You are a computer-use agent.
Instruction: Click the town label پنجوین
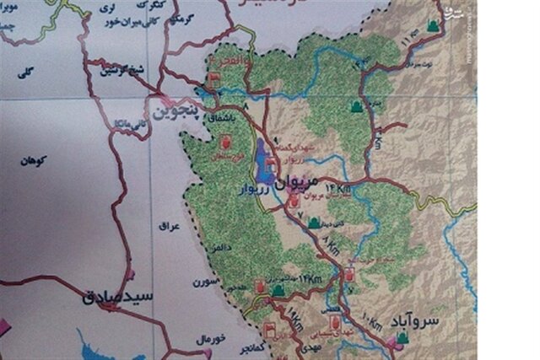click(x=175, y=111)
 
